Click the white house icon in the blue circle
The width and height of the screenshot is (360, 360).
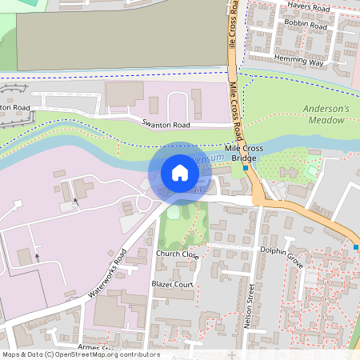[179, 173]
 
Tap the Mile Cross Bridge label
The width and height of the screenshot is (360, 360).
[243, 154]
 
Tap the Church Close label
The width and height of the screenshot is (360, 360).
[176, 254]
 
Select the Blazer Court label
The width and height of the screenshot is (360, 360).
[173, 284]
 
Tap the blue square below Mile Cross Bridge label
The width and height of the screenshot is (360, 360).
[245, 169]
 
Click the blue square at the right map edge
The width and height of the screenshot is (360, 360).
[356, 247]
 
